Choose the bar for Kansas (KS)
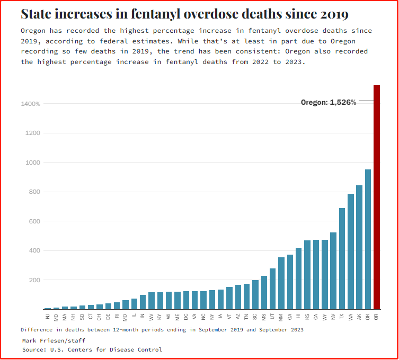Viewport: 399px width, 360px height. click(x=307, y=275)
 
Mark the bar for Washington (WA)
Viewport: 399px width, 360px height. click(x=351, y=251)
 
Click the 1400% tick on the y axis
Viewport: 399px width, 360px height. click(x=31, y=104)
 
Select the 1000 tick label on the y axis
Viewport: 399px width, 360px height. click(x=33, y=163)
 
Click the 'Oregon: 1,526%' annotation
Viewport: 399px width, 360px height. click(x=329, y=102)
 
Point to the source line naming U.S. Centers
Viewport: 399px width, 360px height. click(x=92, y=349)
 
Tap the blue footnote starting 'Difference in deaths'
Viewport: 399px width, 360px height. click(x=162, y=329)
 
